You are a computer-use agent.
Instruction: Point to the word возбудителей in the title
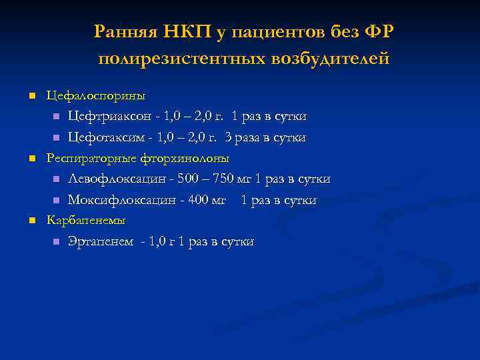(x=329, y=59)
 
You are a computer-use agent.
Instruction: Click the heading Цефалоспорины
(x=95, y=95)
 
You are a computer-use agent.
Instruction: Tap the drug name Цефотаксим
(x=105, y=138)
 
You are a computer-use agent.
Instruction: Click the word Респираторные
(x=91, y=159)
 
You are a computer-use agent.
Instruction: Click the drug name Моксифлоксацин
(x=118, y=200)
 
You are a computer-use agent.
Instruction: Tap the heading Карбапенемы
(x=85, y=220)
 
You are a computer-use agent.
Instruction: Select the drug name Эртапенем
(x=99, y=242)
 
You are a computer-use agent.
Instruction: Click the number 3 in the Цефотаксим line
(x=228, y=138)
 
